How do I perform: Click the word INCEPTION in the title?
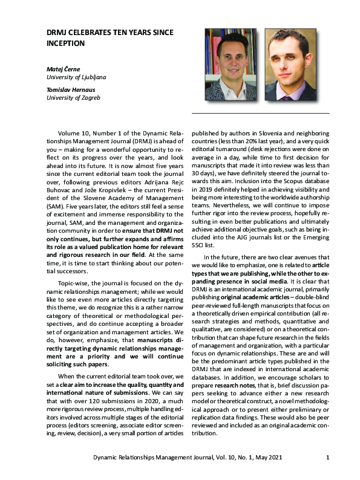66,44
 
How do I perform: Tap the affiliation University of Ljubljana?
76,77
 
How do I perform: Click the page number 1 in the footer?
327,457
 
